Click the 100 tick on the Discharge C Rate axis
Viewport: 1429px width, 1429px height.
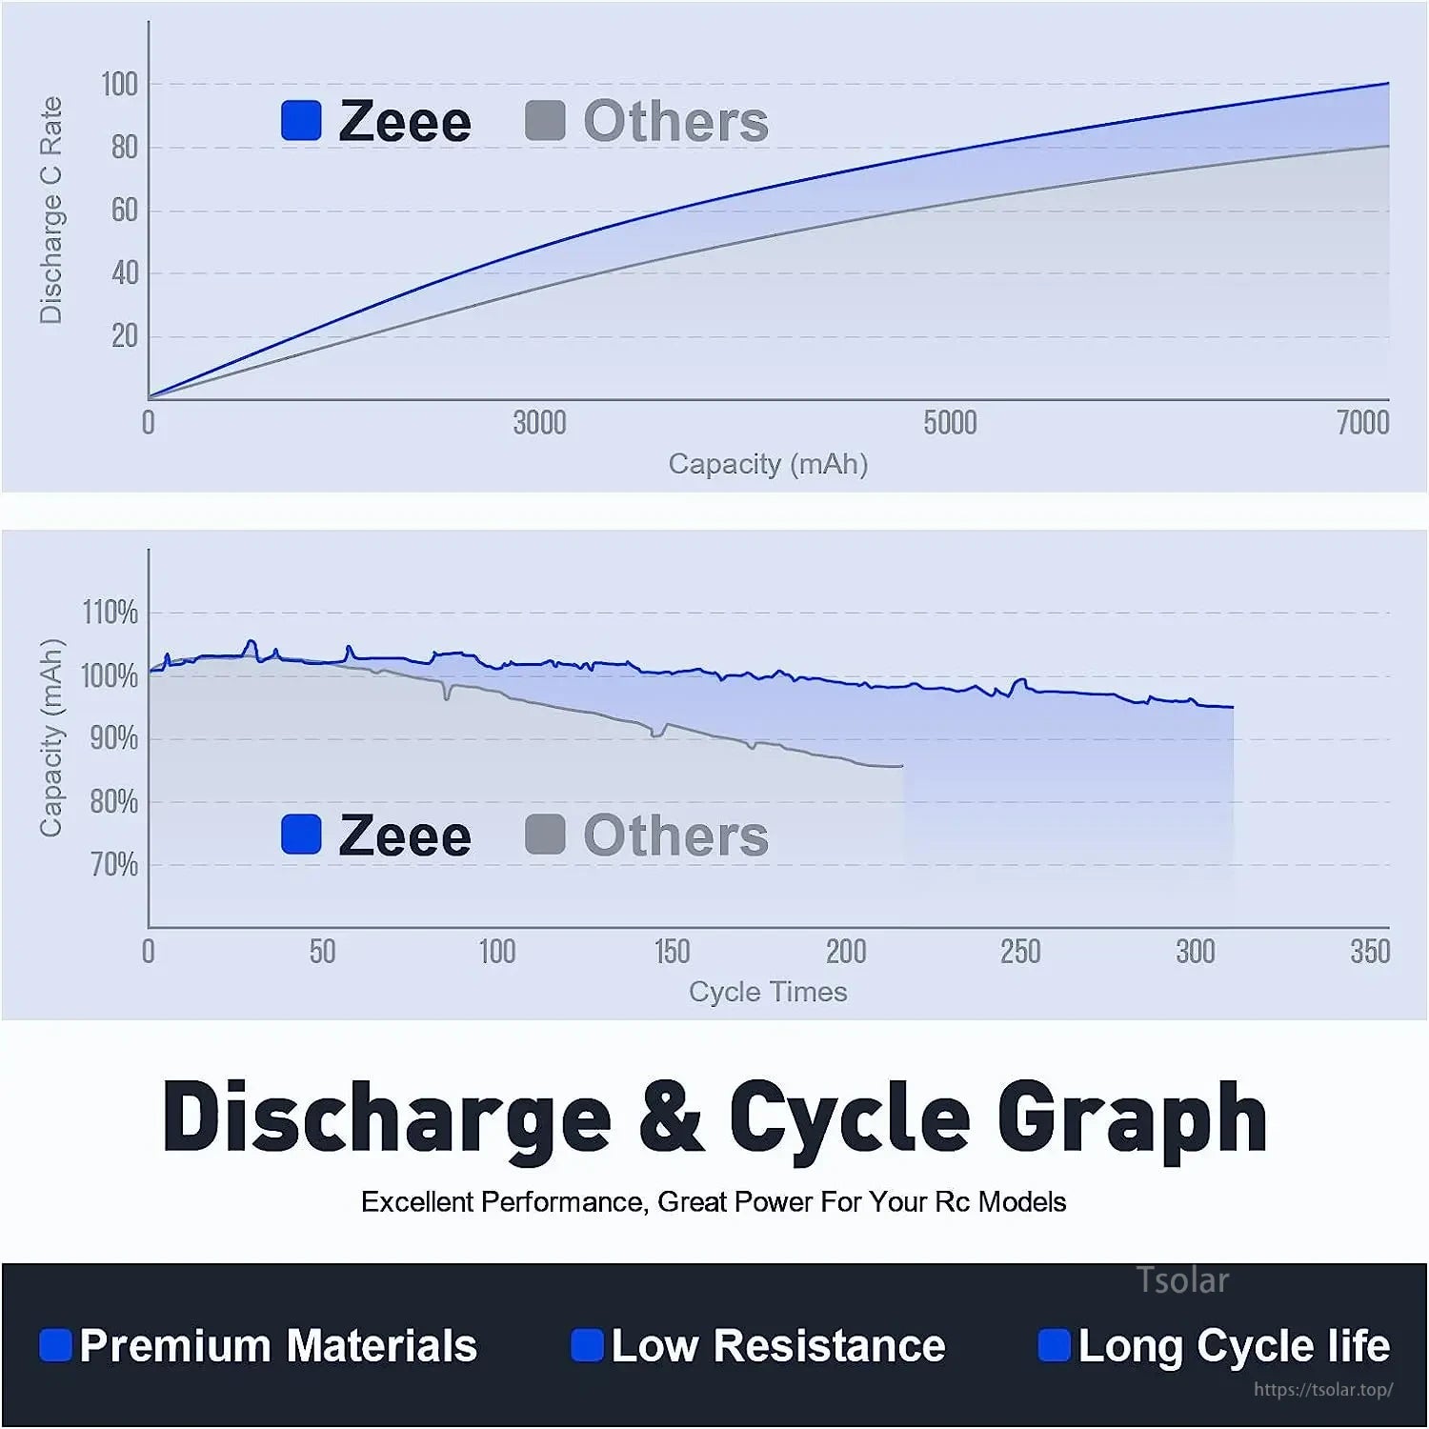point(119,85)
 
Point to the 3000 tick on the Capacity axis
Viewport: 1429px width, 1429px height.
point(539,423)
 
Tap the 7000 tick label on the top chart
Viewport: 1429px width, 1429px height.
point(1362,423)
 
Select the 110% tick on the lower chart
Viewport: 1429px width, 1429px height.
point(111,613)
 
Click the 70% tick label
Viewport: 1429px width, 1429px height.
point(114,865)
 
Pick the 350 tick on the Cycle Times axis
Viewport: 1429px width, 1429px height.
point(1370,952)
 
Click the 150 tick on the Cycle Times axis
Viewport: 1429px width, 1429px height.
point(672,952)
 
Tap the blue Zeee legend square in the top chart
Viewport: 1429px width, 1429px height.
point(301,121)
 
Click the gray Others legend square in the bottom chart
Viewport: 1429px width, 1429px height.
point(545,835)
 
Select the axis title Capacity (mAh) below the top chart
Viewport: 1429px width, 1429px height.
point(768,464)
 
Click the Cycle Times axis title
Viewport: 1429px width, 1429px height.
point(768,992)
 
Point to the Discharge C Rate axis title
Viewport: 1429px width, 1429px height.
point(50,210)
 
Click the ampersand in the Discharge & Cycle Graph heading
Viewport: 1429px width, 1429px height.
point(672,1117)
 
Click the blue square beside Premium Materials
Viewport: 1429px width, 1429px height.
point(55,1345)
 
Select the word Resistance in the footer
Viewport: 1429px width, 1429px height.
point(829,1345)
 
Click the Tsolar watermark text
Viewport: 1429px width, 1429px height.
point(1182,1280)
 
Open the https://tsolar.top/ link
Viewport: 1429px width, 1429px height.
point(1323,1390)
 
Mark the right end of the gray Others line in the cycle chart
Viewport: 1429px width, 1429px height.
point(900,766)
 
